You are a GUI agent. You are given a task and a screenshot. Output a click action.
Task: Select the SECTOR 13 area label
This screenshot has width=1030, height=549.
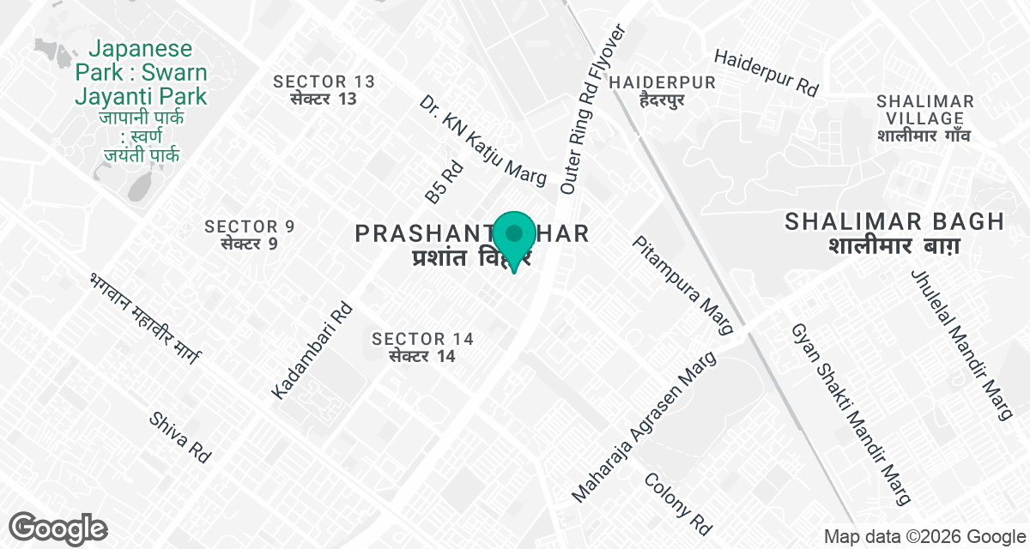[324, 89]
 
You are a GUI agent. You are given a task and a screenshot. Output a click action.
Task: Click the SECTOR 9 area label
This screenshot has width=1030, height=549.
[250, 234]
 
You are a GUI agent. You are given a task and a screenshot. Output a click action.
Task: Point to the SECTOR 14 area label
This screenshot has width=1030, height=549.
[422, 347]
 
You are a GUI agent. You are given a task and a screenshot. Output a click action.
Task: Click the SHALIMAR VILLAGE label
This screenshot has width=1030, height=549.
[924, 118]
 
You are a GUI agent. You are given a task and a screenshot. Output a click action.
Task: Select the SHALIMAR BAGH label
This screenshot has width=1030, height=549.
[894, 232]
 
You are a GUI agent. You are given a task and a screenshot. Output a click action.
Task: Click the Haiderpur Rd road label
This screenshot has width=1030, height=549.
[766, 72]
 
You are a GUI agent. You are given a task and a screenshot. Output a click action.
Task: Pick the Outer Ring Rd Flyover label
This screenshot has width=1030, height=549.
[593, 108]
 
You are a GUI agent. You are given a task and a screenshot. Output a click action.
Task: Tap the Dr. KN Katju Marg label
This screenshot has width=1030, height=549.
[483, 141]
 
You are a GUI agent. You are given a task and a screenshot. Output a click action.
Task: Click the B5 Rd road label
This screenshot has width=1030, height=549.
[444, 183]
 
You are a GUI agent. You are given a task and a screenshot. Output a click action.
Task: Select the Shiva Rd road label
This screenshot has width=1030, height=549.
[180, 437]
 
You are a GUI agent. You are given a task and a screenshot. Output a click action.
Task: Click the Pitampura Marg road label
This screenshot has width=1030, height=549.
[683, 286]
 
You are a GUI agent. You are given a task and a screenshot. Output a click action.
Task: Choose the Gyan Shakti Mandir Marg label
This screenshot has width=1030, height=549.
[850, 413]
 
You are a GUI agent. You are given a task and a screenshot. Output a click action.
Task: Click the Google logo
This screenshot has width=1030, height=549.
[58, 528]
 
